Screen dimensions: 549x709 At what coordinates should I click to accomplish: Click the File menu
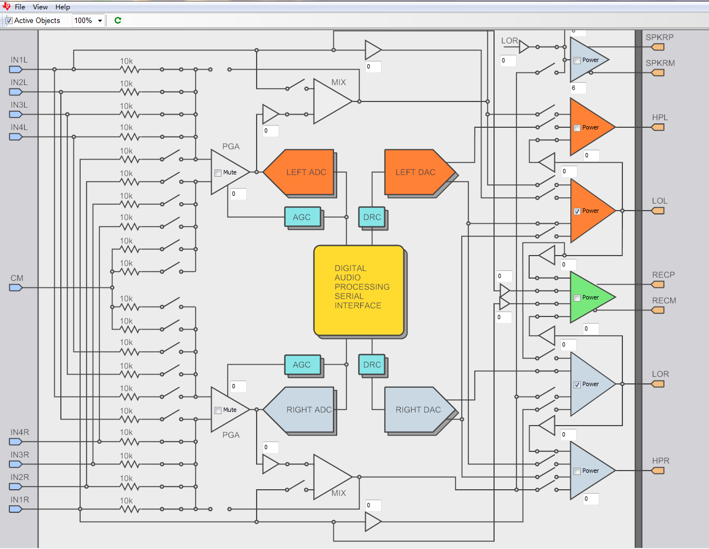pyautogui.click(x=20, y=7)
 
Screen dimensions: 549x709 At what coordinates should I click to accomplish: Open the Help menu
pyautogui.click(x=63, y=7)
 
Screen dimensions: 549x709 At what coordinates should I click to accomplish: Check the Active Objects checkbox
pyautogui.click(x=9, y=21)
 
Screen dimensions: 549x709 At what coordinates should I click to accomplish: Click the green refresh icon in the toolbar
pyautogui.click(x=118, y=20)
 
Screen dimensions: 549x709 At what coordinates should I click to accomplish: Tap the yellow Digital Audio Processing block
pyautogui.click(x=359, y=290)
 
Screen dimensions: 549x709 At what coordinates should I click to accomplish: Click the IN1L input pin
pyautogui.click(x=16, y=70)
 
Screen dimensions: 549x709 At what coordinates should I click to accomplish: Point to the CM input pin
pyautogui.click(x=16, y=287)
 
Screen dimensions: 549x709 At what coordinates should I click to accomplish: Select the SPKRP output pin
pyautogui.click(x=657, y=47)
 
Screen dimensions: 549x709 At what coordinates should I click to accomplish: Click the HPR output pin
pyautogui.click(x=657, y=471)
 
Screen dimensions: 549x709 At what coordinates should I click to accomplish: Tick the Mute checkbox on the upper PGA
pyautogui.click(x=218, y=173)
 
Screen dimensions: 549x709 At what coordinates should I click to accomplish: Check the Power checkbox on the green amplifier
pyautogui.click(x=577, y=298)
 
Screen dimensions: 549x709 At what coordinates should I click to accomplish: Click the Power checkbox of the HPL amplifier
pyautogui.click(x=577, y=128)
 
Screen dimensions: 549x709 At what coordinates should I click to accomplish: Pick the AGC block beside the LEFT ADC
pyautogui.click(x=302, y=217)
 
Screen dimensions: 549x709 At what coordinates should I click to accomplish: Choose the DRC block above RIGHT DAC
pyautogui.click(x=372, y=365)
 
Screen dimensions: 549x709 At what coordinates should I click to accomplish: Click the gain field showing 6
pyautogui.click(x=578, y=88)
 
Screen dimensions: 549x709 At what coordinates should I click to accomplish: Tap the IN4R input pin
pyautogui.click(x=16, y=442)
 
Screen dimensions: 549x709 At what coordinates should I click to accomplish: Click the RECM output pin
pyautogui.click(x=657, y=310)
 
